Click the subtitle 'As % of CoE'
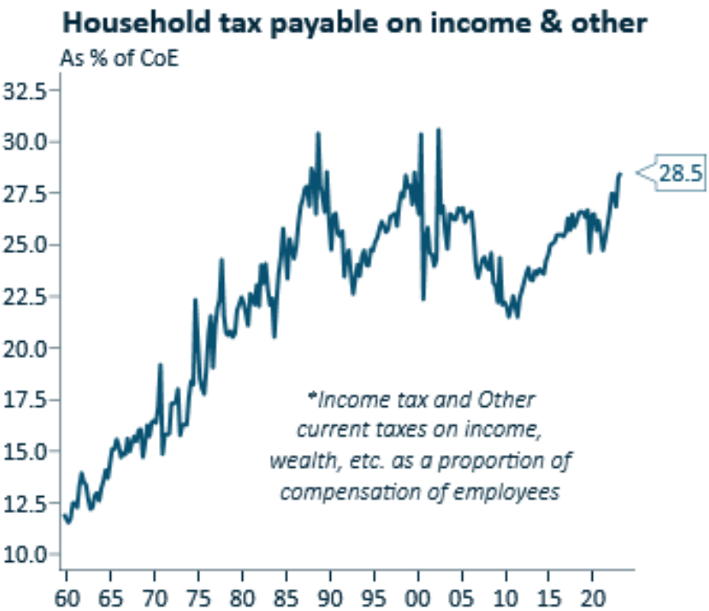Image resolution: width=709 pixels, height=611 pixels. [x=119, y=59]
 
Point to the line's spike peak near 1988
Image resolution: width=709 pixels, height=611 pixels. [x=318, y=133]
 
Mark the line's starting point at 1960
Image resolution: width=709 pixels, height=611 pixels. [x=63, y=515]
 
